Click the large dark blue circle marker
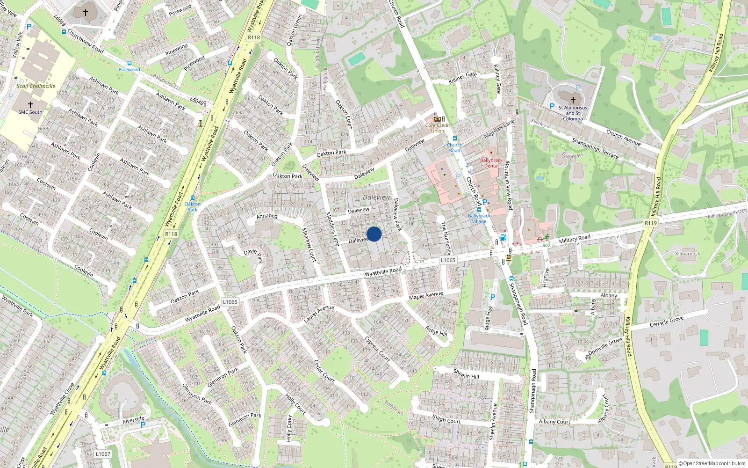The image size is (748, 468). point(374,234)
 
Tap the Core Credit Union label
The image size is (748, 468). point(438,128)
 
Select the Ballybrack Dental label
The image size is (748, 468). point(491,162)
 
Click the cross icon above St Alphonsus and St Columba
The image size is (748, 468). point(573,99)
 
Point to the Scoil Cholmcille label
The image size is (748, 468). point(36,86)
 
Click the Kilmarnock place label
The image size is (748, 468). point(687,254)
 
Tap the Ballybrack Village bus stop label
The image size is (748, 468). point(479,218)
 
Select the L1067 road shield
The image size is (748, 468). point(103,454)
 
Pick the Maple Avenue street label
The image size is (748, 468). point(426,295)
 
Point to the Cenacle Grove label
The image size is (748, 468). point(667,322)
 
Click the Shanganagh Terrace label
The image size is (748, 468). point(595,148)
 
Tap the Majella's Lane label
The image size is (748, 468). point(499,128)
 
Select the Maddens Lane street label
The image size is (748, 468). point(332,229)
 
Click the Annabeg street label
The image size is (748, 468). point(267,216)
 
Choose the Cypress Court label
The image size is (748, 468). point(377,349)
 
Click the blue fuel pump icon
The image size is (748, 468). point(503,237)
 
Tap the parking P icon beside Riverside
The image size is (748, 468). point(143,425)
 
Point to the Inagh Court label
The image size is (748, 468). point(446,418)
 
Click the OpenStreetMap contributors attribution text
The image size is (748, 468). point(712,463)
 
